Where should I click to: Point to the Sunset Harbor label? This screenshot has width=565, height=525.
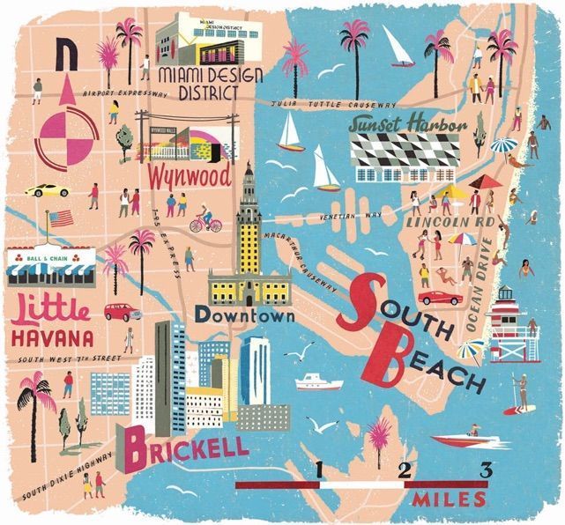(406, 126)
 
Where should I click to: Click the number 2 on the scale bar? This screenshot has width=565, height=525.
(404, 470)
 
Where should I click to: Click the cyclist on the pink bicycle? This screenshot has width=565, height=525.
(205, 219)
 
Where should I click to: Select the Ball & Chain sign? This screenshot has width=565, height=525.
(47, 261)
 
